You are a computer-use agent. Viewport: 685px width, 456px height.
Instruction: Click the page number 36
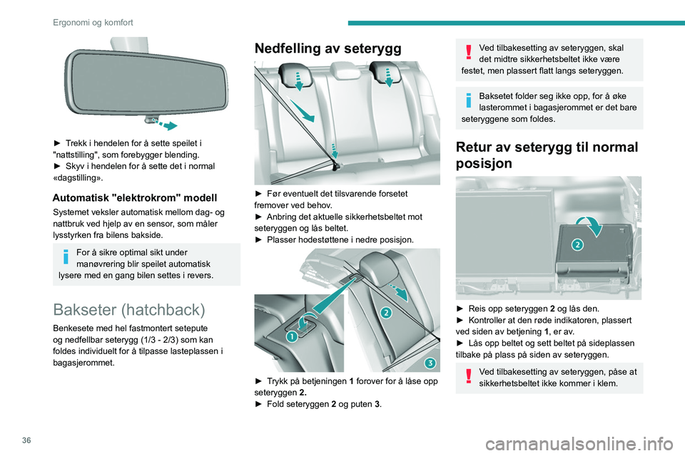(x=26, y=440)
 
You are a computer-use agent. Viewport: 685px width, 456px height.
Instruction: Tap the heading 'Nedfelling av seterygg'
(x=328, y=48)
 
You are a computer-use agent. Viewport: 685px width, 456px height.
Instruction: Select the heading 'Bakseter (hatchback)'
(x=129, y=309)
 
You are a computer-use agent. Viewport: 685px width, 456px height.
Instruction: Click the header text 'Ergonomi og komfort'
(x=93, y=22)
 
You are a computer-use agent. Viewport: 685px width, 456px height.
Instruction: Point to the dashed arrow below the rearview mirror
(x=164, y=124)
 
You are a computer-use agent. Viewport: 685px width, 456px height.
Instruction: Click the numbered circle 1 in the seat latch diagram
(x=292, y=336)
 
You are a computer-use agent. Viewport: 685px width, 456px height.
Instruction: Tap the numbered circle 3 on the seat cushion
(x=430, y=363)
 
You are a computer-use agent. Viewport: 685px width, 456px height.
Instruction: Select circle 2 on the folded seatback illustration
(x=577, y=244)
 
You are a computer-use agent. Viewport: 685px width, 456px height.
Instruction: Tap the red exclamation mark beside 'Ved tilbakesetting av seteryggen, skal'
(x=468, y=52)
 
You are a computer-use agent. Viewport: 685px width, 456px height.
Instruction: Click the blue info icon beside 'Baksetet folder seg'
(x=468, y=100)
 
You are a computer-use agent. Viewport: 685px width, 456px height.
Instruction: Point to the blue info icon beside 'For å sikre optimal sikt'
(x=66, y=256)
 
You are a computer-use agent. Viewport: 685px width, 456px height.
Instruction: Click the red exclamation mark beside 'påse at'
(x=468, y=375)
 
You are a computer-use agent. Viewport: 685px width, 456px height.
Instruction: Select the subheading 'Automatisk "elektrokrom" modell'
(x=135, y=197)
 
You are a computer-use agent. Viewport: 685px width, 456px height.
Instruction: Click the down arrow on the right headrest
(x=388, y=78)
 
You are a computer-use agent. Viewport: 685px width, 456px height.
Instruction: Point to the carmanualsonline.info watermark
(x=579, y=445)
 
